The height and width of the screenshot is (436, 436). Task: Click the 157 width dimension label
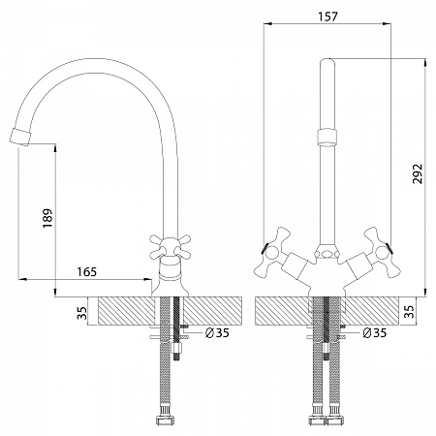click(x=327, y=16)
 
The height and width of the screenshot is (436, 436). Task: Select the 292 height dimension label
click(x=418, y=173)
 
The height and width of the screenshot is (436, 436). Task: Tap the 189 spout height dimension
click(x=47, y=218)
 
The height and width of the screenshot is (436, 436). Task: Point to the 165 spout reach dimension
click(x=87, y=272)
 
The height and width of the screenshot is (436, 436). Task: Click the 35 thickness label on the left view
click(x=82, y=313)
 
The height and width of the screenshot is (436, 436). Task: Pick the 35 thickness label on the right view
click(x=410, y=312)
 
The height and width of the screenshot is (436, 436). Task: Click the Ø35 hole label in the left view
click(x=217, y=332)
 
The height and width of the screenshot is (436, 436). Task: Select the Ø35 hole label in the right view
click(x=374, y=332)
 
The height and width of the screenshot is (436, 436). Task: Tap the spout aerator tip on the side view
click(x=20, y=137)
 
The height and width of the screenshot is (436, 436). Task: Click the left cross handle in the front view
click(x=272, y=252)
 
